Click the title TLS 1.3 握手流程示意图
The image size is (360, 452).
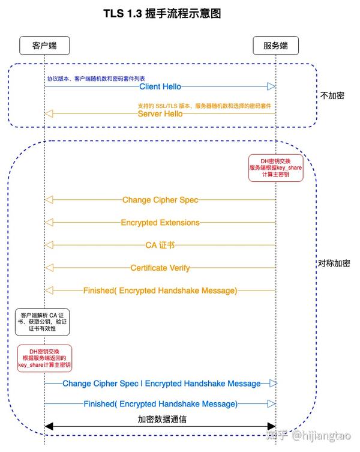click(x=162, y=14)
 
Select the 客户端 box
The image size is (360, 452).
click(x=44, y=46)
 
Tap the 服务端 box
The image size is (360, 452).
click(x=275, y=46)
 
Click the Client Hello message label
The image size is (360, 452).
click(x=160, y=86)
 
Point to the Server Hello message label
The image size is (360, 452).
click(x=160, y=113)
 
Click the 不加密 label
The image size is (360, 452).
click(x=332, y=95)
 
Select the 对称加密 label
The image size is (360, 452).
click(x=334, y=263)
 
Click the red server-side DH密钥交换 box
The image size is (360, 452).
click(x=276, y=167)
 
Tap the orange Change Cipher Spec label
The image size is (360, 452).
click(x=160, y=200)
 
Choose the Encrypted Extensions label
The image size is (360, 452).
click(x=160, y=223)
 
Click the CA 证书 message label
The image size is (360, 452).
click(x=160, y=245)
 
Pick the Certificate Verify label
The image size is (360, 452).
click(x=160, y=268)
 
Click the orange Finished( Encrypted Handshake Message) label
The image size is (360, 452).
click(x=160, y=291)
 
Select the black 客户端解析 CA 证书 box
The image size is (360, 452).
click(x=43, y=322)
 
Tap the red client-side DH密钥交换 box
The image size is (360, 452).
click(x=44, y=358)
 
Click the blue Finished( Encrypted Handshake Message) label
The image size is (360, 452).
click(x=161, y=404)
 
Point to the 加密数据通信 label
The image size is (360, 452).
click(x=162, y=419)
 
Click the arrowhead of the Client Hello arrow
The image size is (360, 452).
click(x=271, y=86)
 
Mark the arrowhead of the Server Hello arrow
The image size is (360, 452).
click(x=49, y=113)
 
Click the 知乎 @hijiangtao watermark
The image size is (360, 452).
click(x=308, y=435)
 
